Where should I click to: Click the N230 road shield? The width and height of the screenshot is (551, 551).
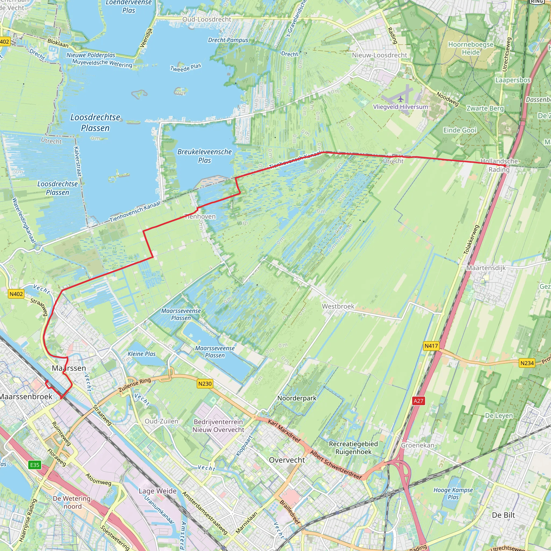[205, 384]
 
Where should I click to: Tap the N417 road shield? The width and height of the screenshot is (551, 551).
[431, 346]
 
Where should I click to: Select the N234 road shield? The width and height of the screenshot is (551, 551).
[527, 363]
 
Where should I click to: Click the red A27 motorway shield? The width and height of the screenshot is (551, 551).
[418, 401]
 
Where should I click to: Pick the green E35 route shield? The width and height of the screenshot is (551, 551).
[35, 465]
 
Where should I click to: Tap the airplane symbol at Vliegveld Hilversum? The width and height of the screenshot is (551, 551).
[401, 99]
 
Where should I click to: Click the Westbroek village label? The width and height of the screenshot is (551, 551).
[338, 306]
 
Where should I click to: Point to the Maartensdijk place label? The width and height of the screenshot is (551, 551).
[486, 268]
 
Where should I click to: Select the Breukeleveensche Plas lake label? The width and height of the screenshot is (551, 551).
[204, 156]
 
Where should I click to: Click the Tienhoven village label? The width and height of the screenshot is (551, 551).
[200, 217]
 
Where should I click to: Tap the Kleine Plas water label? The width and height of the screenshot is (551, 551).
[142, 354]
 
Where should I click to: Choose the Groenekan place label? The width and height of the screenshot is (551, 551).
[418, 445]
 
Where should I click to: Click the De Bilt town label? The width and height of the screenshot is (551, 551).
[503, 515]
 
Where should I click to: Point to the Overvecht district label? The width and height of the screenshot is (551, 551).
[287, 460]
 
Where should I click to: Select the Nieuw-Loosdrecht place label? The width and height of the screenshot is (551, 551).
[379, 55]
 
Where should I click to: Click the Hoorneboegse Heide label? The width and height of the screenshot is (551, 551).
[471, 48]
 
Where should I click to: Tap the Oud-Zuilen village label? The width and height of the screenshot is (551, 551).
[161, 421]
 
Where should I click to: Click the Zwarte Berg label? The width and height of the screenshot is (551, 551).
[485, 108]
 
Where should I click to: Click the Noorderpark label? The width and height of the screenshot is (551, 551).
[297, 398]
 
